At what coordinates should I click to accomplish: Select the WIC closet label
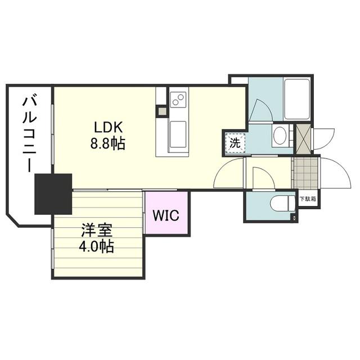168,215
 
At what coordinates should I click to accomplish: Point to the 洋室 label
97,231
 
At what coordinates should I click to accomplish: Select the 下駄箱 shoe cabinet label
308,199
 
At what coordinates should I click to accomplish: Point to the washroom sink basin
280,135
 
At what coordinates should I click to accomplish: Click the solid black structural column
53,193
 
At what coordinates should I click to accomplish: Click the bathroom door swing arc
260,109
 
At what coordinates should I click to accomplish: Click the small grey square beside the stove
163,111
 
